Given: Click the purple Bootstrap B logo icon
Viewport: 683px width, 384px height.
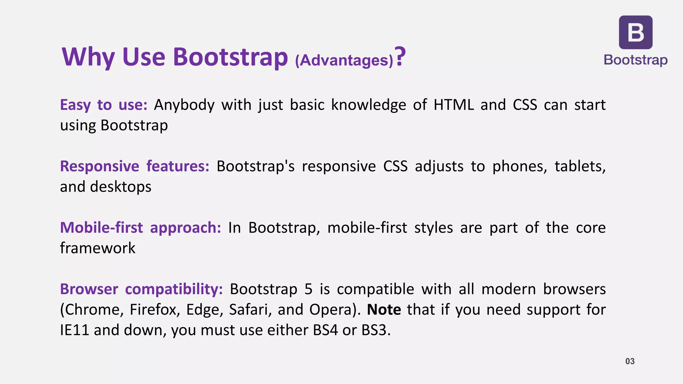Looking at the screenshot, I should (636, 32).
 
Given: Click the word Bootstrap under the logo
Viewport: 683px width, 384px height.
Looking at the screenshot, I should (636, 60).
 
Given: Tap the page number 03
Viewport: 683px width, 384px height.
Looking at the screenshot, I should (630, 361).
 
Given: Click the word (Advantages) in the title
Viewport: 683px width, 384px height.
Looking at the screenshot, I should (344, 60).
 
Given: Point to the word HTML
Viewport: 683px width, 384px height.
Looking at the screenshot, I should (454, 105).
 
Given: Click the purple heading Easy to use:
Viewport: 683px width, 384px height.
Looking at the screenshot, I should (103, 105).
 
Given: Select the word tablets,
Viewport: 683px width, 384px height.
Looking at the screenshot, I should (580, 166).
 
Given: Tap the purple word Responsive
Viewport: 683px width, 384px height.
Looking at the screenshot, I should (99, 166).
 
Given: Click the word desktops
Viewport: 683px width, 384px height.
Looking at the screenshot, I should (120, 187).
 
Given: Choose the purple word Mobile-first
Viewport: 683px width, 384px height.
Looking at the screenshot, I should (101, 228).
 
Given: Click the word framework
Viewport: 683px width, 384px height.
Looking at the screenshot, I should (97, 248).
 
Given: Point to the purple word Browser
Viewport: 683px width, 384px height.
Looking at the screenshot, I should (89, 289).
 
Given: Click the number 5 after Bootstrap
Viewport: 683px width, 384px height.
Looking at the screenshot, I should (308, 289).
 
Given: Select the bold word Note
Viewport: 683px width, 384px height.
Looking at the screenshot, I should (384, 310).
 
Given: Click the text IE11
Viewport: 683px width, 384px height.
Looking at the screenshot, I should (74, 330).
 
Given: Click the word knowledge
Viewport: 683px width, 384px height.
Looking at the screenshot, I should (368, 105).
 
